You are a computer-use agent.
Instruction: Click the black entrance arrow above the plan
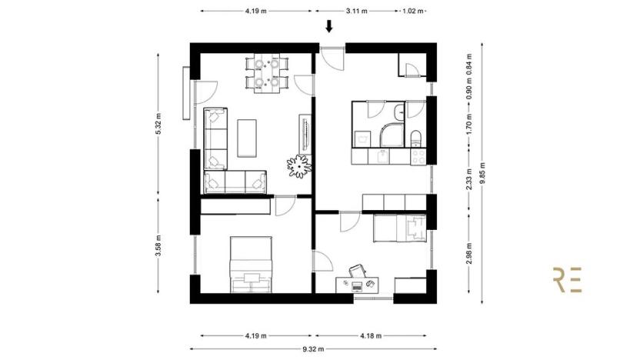(329, 27)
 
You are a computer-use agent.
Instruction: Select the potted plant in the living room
(298, 165)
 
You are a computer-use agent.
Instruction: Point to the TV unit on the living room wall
(305, 135)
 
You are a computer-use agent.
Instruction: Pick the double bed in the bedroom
(251, 264)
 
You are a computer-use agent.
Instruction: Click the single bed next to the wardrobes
(398, 228)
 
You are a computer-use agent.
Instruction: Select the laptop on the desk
(357, 285)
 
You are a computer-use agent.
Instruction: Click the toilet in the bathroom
(416, 139)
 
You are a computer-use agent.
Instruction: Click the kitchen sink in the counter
(382, 157)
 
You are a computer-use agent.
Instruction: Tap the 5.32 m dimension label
(158, 128)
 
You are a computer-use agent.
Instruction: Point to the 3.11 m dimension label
(356, 12)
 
